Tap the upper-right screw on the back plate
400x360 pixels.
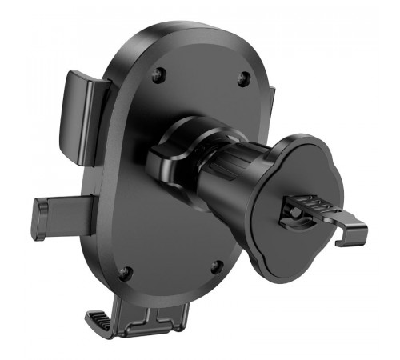point(243,78)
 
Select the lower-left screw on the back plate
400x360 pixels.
point(124,273)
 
